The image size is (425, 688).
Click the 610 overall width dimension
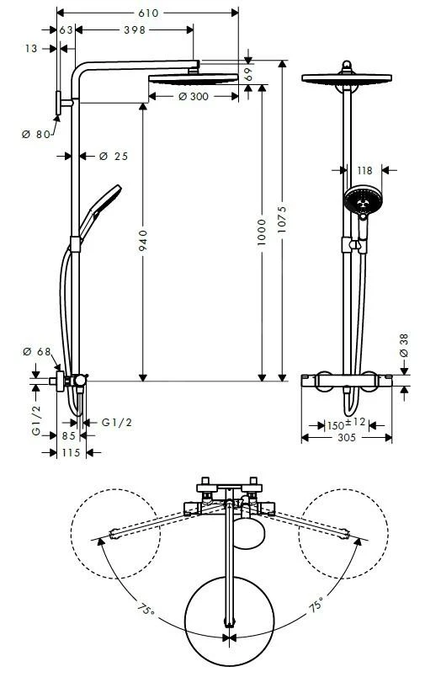coord(149,13)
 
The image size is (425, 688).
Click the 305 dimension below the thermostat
coord(346,437)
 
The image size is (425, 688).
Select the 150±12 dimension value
coord(346,424)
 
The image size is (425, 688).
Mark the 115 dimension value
coord(70,452)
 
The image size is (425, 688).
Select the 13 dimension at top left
coord(32,49)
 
